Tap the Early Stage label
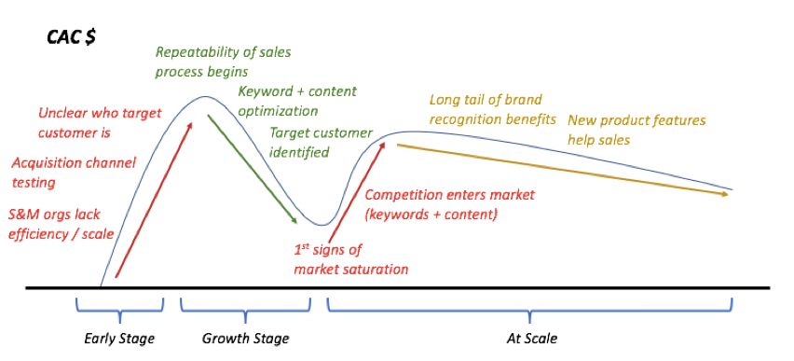[x=119, y=338]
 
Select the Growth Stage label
[x=246, y=338]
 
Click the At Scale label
[x=529, y=338]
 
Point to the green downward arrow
[x=252, y=169]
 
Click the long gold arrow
[x=559, y=169]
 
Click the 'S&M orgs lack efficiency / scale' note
[x=62, y=224]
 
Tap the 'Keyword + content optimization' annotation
[x=297, y=101]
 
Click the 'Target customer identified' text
[x=320, y=142]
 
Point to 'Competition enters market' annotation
[x=449, y=204]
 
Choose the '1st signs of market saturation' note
[x=350, y=259]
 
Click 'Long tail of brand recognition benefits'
[x=492, y=109]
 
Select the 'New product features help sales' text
[x=637, y=130]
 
